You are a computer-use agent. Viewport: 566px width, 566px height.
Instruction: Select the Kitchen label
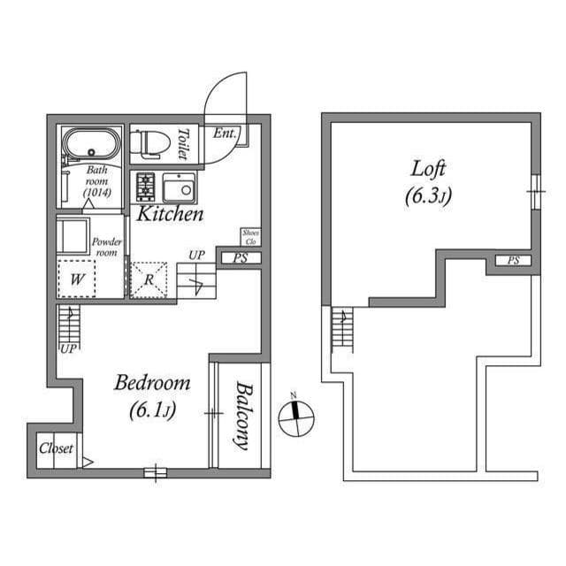point(170,214)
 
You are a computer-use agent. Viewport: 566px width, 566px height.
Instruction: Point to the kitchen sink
point(180,188)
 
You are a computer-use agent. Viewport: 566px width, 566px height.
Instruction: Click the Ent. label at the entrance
point(225,134)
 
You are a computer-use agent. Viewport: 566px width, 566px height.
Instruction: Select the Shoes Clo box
point(249,236)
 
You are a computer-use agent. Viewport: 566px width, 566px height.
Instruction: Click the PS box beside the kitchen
point(240,258)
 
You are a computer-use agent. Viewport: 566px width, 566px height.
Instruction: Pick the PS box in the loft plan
point(513,260)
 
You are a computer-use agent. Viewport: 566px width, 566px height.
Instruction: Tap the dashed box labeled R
point(149,280)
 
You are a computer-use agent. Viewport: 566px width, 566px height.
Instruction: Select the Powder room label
point(107,247)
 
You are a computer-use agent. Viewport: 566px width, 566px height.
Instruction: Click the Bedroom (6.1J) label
point(152,395)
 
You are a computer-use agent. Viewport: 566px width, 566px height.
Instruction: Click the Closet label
point(56,448)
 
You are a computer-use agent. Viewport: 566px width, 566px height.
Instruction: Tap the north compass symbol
point(296,418)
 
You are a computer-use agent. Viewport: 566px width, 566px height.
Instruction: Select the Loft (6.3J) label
point(428,180)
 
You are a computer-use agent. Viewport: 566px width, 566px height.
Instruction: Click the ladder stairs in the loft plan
point(341,330)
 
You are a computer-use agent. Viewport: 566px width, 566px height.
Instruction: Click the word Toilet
point(183,143)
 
